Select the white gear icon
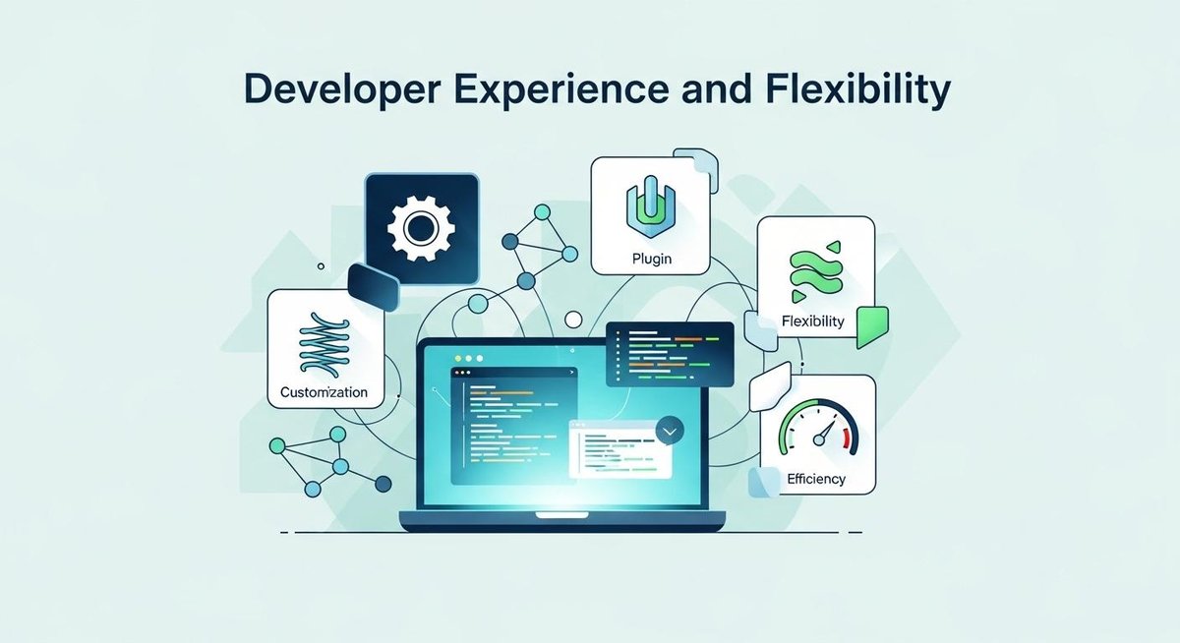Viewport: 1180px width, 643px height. click(420, 229)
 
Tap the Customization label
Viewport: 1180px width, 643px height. click(324, 391)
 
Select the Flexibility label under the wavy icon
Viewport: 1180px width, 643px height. click(813, 321)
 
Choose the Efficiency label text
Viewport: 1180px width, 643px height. click(816, 479)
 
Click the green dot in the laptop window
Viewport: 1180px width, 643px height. click(480, 359)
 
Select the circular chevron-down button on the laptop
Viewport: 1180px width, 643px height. click(670, 430)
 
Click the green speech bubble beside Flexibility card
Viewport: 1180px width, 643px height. click(871, 325)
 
